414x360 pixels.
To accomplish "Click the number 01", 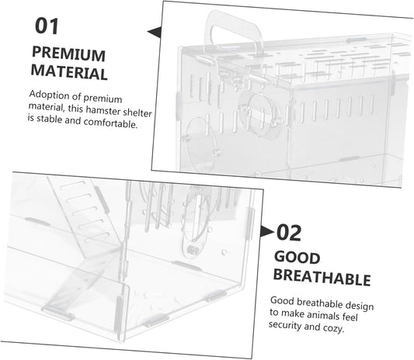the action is (x=47, y=26).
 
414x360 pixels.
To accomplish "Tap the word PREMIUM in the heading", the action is (x=68, y=54).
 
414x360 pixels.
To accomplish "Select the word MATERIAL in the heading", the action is (x=69, y=71).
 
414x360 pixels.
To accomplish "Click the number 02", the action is (x=289, y=233).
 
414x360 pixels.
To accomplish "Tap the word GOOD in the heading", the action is (x=297, y=258).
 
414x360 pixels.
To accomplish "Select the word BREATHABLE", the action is (x=322, y=278).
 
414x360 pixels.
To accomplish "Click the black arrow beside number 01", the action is (x=155, y=32).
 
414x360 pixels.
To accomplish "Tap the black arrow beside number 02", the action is (x=267, y=231).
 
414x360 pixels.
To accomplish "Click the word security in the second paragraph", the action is (x=285, y=325).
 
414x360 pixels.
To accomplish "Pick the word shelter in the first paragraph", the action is (x=137, y=112).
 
